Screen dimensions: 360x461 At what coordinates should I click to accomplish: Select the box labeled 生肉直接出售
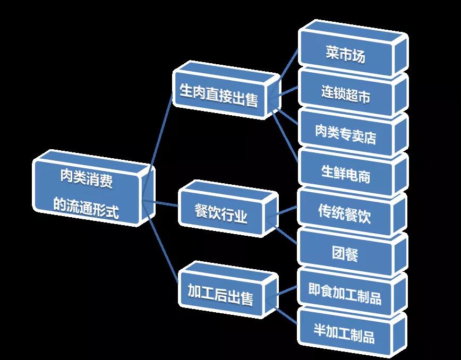pos(219,96)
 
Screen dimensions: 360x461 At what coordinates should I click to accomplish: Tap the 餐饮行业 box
pos(221,215)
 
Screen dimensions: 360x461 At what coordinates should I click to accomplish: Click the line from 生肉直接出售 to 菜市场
pos(287,66)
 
